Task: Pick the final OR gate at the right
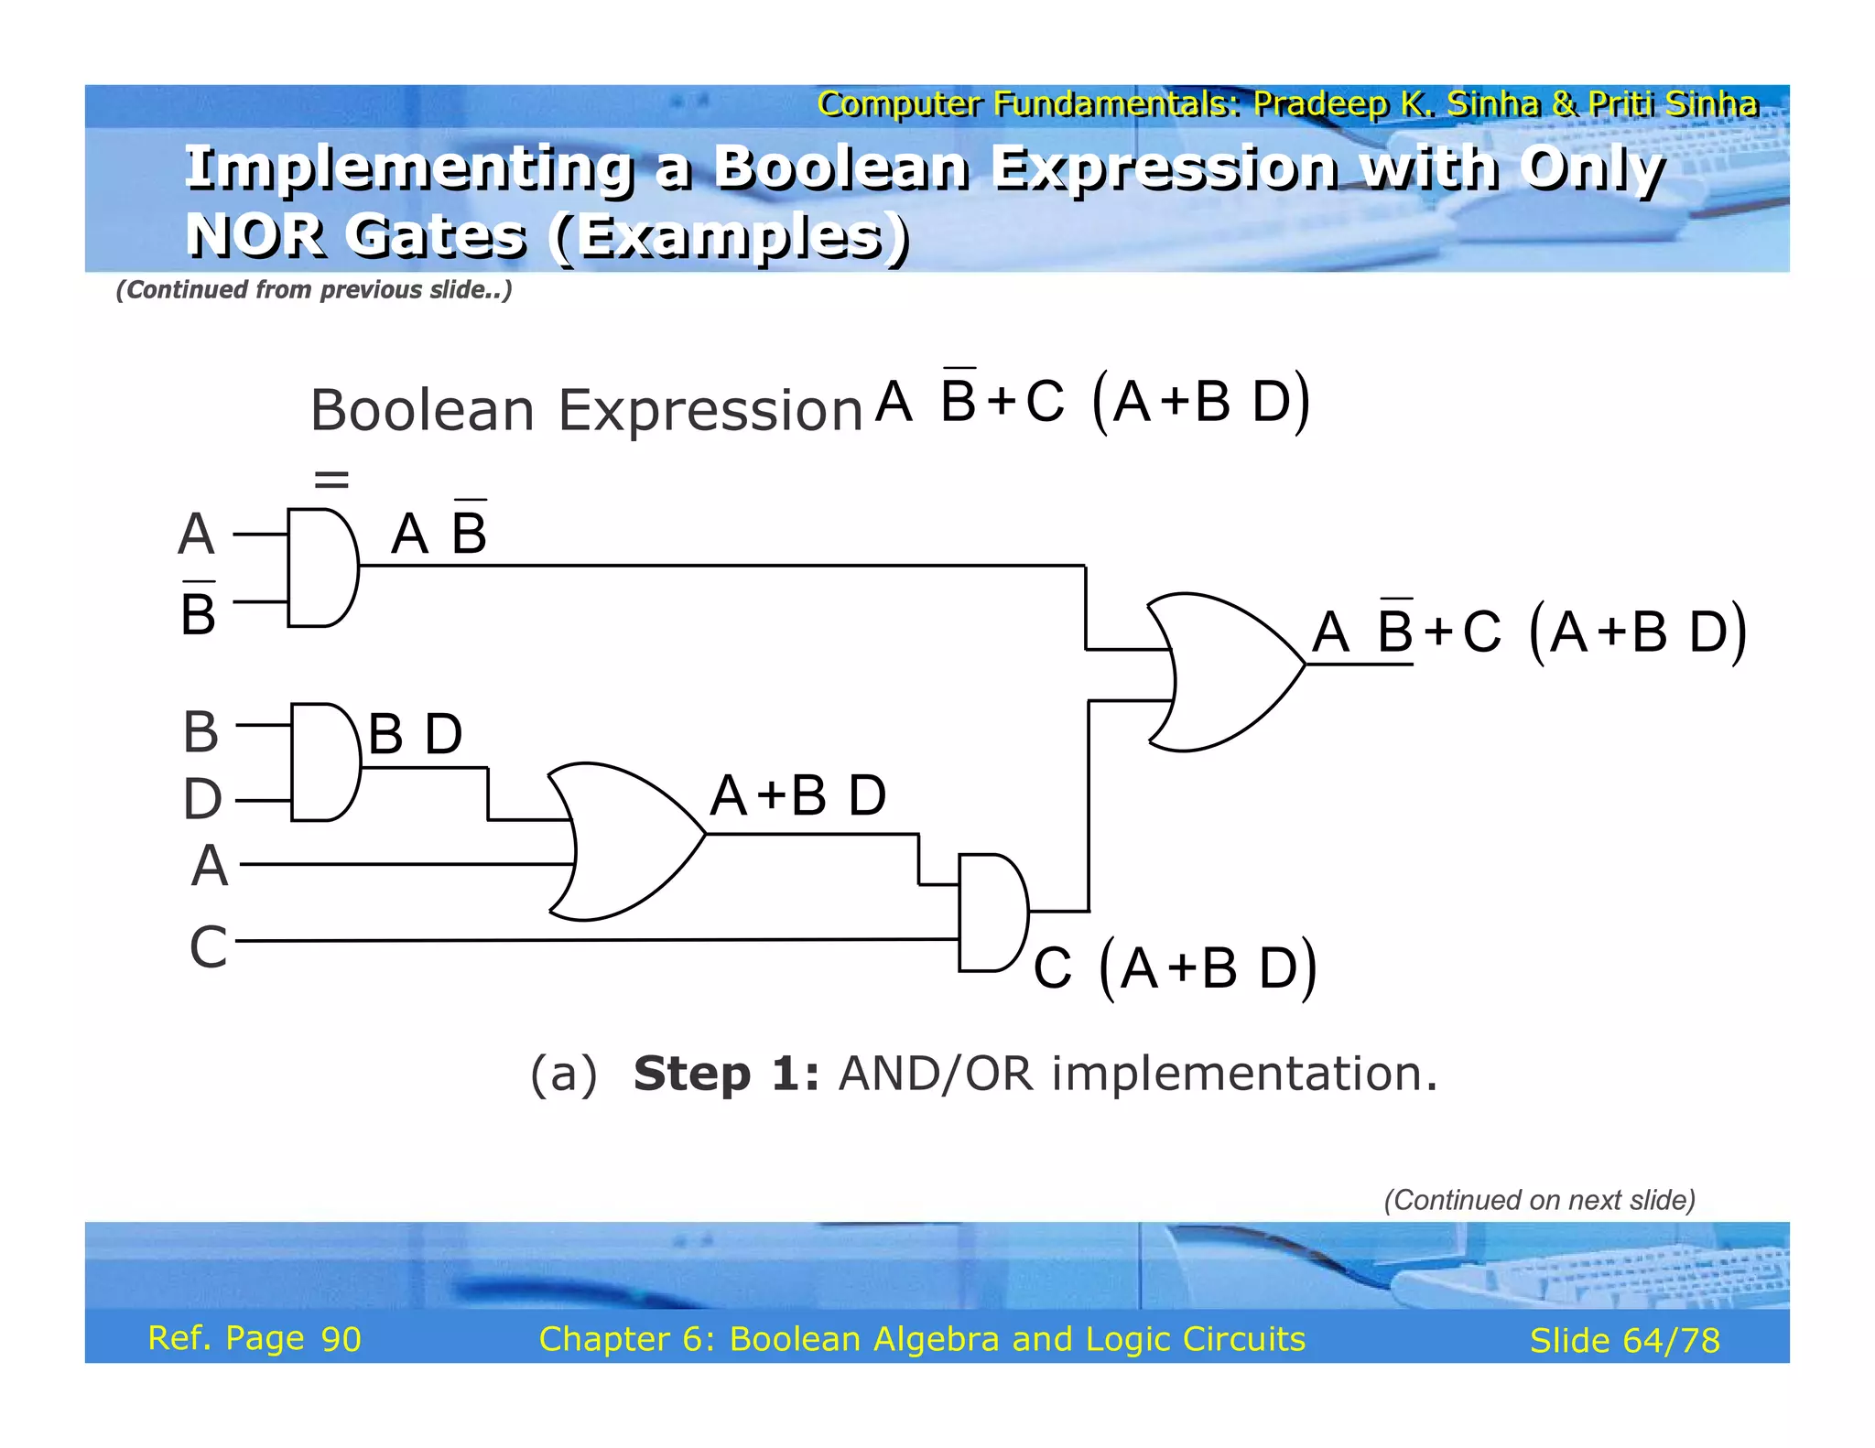click(x=1222, y=673)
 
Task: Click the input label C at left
click(x=208, y=946)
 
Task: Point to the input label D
click(x=202, y=799)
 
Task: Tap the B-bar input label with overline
click(x=198, y=611)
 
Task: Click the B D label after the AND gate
click(x=415, y=734)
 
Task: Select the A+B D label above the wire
click(x=797, y=794)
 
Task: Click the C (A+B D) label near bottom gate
click(x=1175, y=968)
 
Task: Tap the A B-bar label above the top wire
click(x=439, y=533)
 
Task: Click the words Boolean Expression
click(x=586, y=410)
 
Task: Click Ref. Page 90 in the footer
click(x=255, y=1338)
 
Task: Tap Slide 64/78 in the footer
click(x=1624, y=1341)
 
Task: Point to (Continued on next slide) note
click(x=1539, y=1200)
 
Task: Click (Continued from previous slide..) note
click(x=313, y=290)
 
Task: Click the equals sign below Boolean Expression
click(x=331, y=479)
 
